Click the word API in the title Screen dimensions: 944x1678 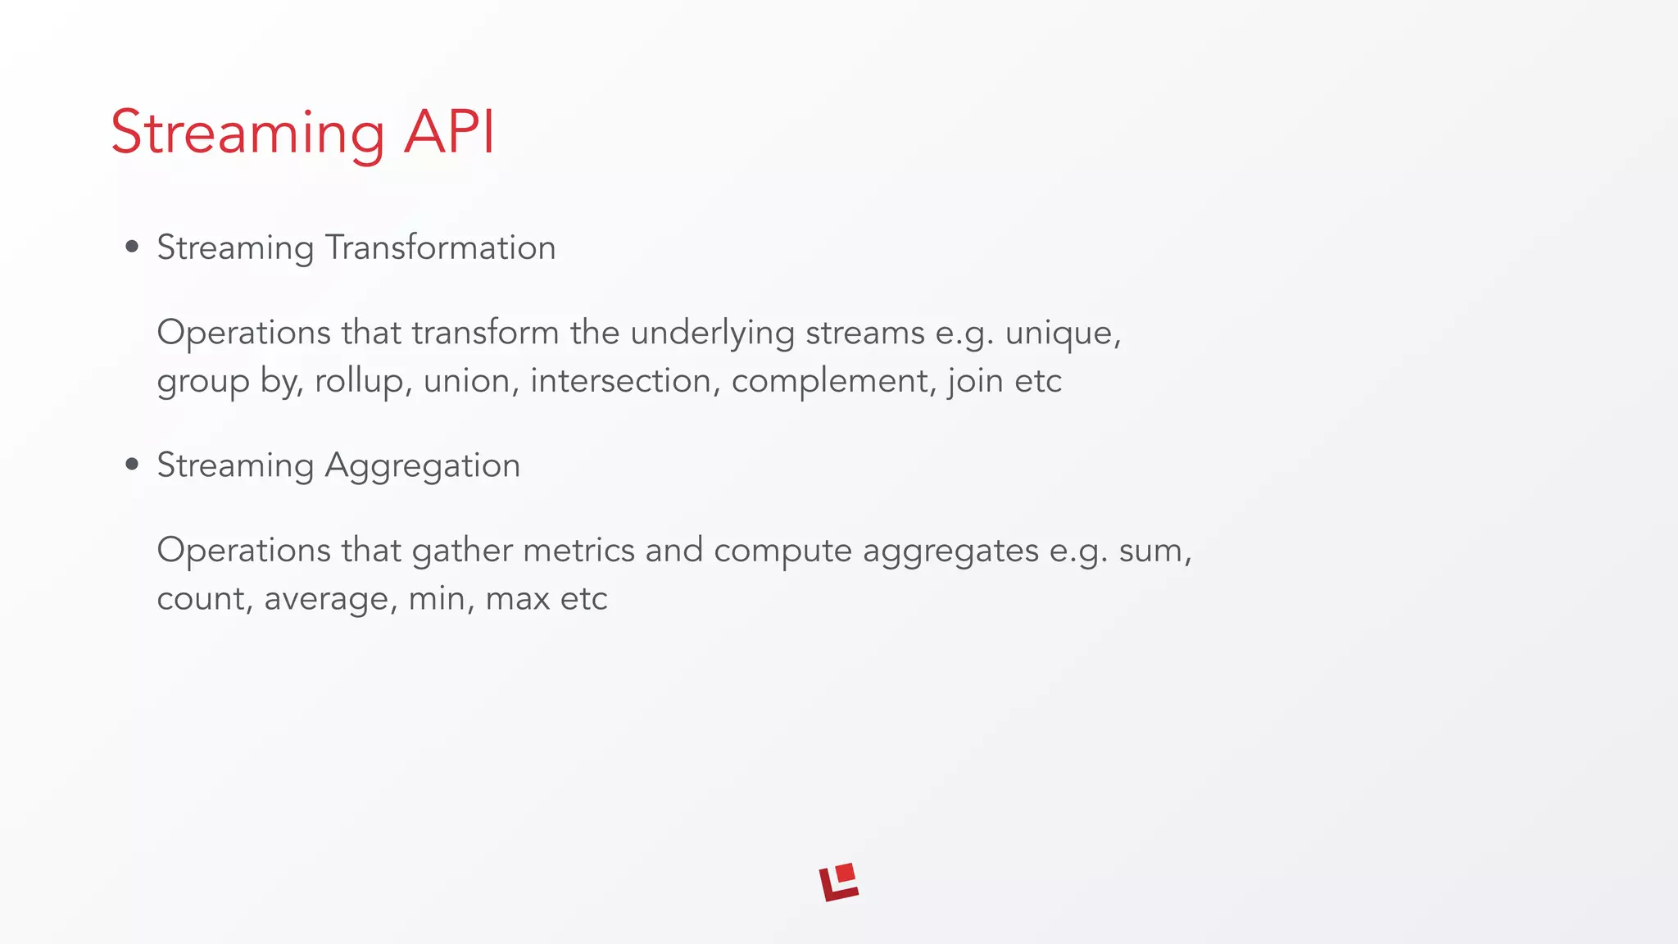click(x=449, y=133)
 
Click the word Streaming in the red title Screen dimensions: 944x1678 click(x=247, y=133)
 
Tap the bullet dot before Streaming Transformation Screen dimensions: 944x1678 click(x=132, y=247)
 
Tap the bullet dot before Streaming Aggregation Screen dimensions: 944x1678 click(x=132, y=465)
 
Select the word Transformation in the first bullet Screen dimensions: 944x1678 click(x=440, y=247)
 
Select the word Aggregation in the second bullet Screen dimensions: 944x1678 click(x=422, y=465)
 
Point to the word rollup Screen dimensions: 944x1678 click(x=358, y=382)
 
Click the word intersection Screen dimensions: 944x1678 click(x=620, y=381)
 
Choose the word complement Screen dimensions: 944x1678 click(x=829, y=382)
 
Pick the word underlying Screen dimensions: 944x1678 click(x=712, y=334)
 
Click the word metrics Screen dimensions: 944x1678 click(x=578, y=550)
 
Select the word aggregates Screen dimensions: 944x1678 click(x=950, y=551)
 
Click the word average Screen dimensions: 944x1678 click(x=325, y=599)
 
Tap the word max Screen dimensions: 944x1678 click(x=517, y=599)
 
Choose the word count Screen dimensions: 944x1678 click(x=201, y=599)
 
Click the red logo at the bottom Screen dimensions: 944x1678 click(x=839, y=883)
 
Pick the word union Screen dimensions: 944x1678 click(x=466, y=381)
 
